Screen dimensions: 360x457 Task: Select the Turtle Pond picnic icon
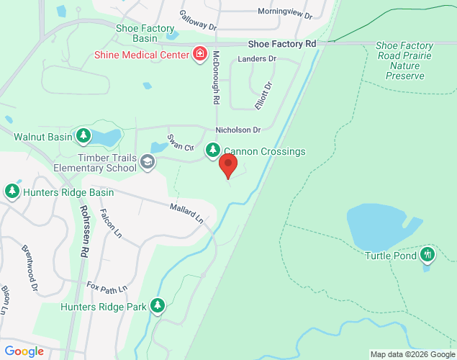pyautogui.click(x=428, y=254)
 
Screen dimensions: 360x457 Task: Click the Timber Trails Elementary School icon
pyautogui.click(x=148, y=161)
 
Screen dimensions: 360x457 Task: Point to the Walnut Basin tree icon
pyautogui.click(x=84, y=135)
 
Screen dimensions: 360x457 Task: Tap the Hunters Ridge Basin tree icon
pyautogui.click(x=12, y=192)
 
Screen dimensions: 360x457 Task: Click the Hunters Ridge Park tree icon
pyautogui.click(x=158, y=307)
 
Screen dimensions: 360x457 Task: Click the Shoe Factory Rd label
pyautogui.click(x=283, y=44)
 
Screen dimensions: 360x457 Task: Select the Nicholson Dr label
pyautogui.click(x=237, y=130)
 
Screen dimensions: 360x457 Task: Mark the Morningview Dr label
pyautogui.click(x=284, y=14)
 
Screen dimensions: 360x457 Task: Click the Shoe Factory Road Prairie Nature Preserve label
pyautogui.click(x=399, y=60)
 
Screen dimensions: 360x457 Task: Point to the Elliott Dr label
pyautogui.click(x=264, y=96)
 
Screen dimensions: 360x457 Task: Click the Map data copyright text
pyautogui.click(x=412, y=354)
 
